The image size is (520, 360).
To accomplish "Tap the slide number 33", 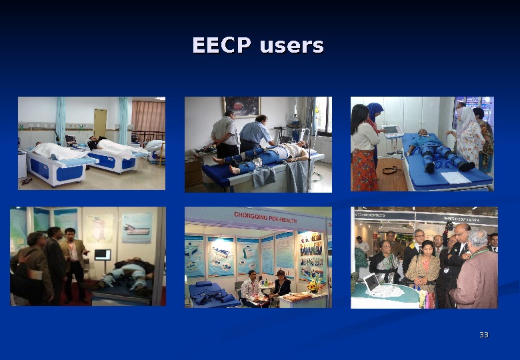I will tap(484, 335).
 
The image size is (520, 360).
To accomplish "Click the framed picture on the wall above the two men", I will tap(242, 107).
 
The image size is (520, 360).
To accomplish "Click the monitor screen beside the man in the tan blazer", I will tap(103, 255).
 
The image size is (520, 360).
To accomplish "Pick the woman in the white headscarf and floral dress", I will tap(469, 137).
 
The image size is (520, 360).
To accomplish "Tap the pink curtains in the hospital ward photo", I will tap(147, 117).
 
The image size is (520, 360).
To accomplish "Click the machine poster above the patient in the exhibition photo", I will tap(137, 227).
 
